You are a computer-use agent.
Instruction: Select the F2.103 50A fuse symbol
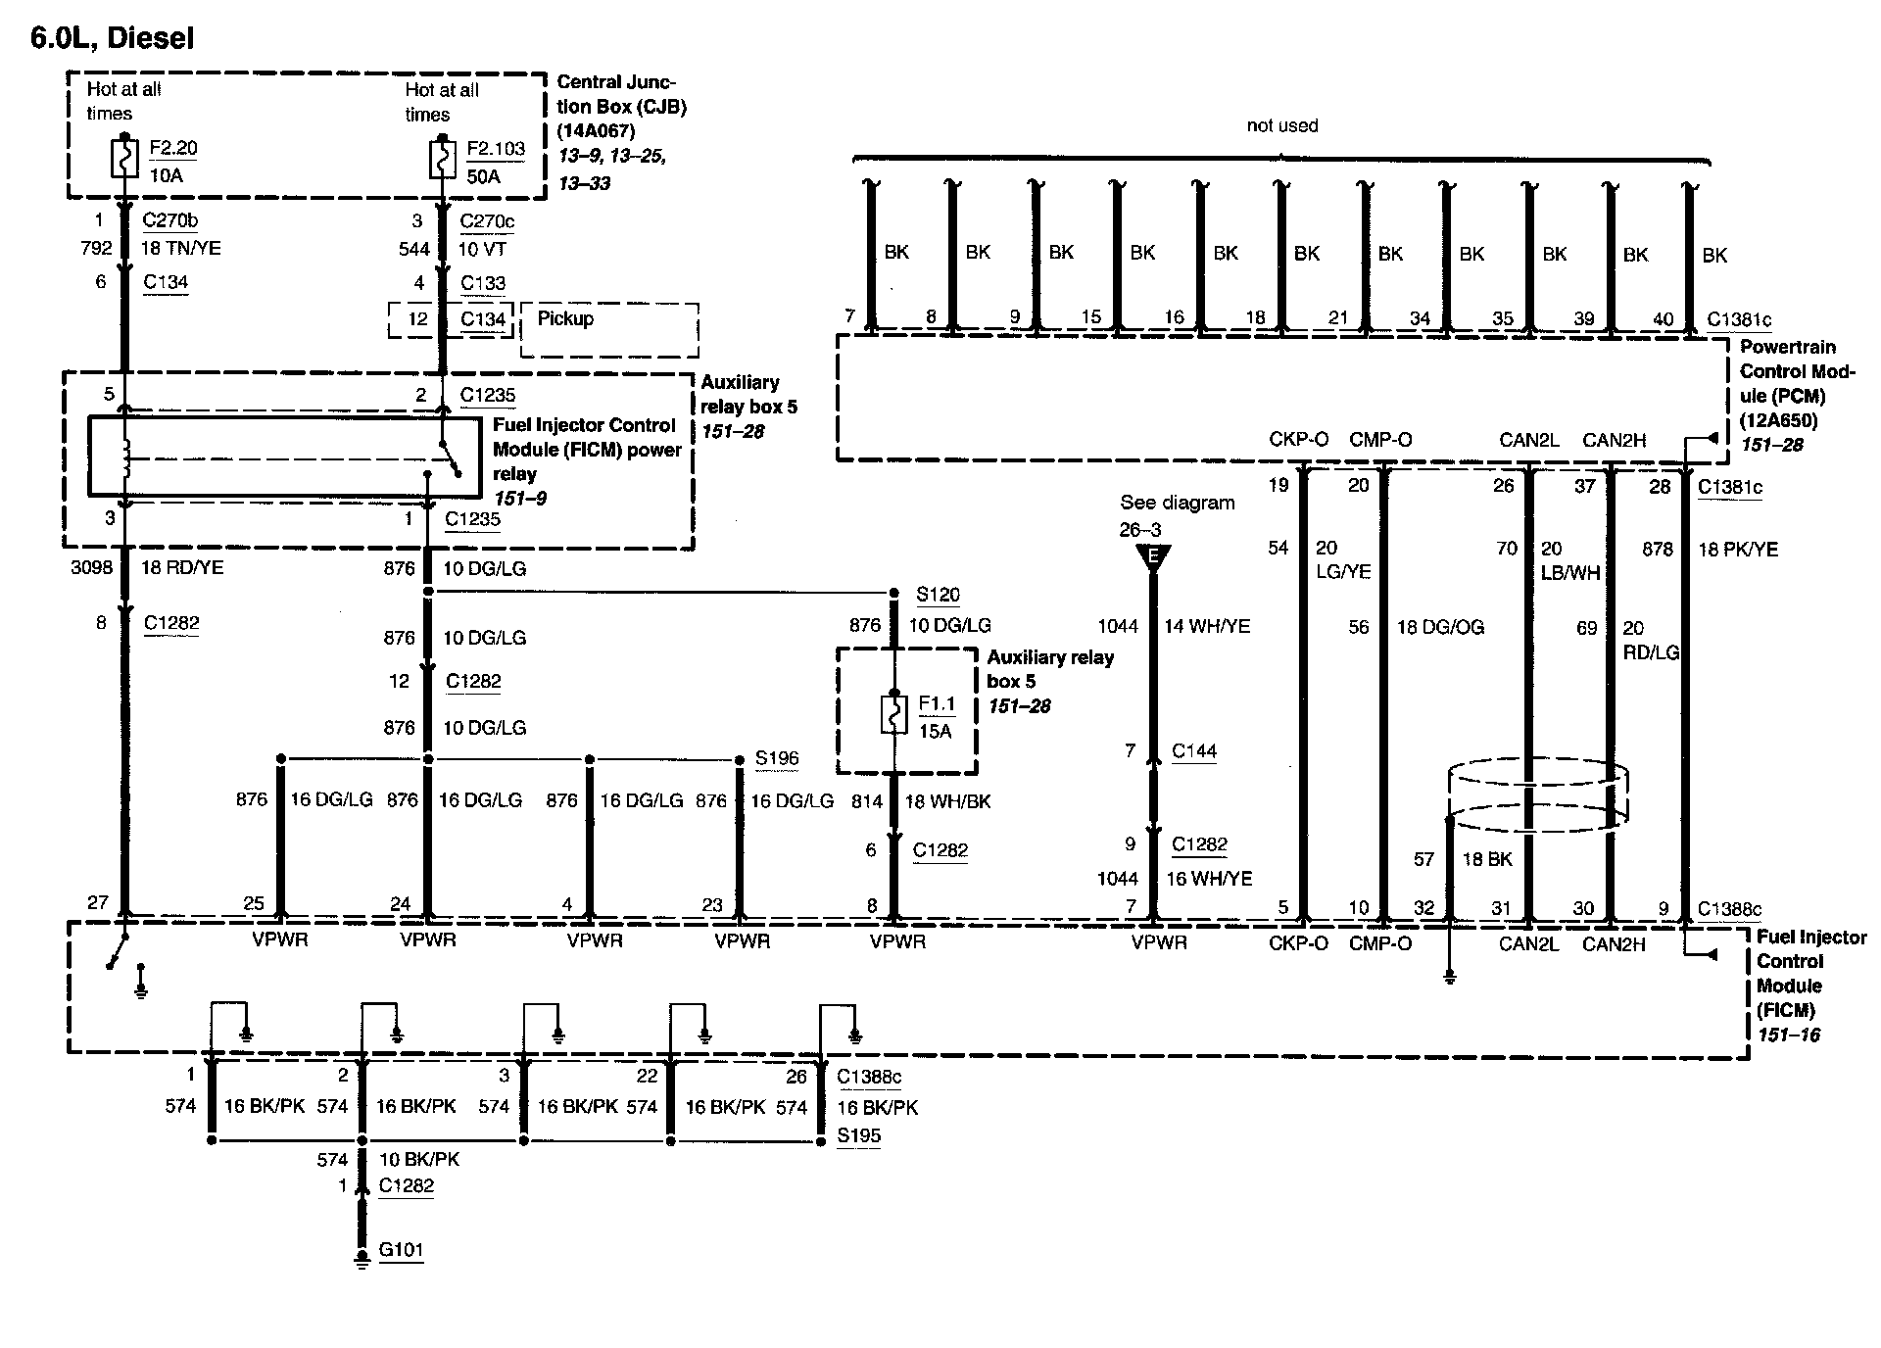443,161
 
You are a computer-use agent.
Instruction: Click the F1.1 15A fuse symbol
894,716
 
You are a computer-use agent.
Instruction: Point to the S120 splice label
938,595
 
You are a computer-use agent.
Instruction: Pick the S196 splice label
777,758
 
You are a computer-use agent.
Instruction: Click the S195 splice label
858,1135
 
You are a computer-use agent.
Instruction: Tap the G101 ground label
402,1250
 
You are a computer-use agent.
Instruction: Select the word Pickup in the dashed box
565,318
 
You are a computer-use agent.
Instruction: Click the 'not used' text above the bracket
1281,125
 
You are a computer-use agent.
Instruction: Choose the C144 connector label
1194,751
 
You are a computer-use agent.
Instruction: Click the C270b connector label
169,220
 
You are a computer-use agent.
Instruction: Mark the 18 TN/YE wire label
181,248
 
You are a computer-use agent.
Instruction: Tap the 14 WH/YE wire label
1206,626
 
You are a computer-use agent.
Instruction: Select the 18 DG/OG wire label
1440,627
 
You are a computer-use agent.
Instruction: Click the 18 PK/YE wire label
1737,550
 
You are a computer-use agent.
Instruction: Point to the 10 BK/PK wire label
419,1159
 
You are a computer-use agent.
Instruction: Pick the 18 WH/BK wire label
947,801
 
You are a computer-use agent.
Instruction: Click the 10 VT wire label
482,249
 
